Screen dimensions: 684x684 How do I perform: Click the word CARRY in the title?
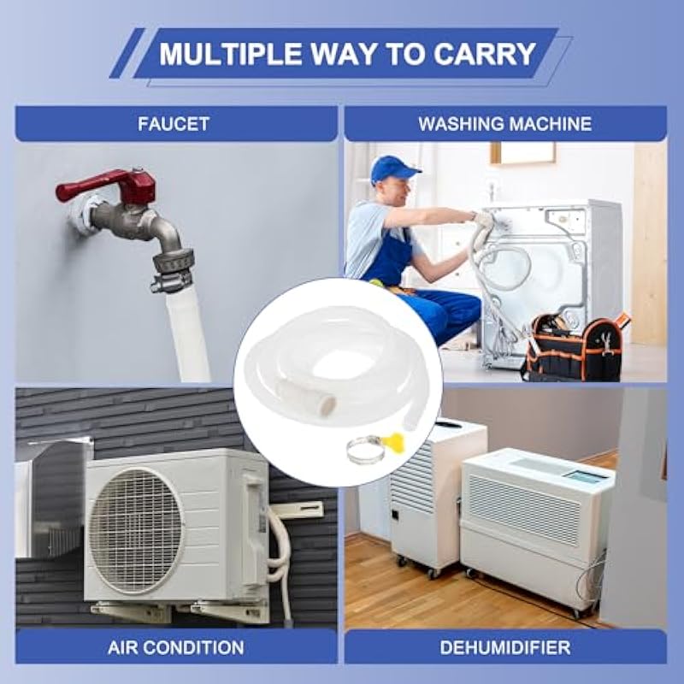(484, 54)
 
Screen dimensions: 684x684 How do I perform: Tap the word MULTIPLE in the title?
(231, 54)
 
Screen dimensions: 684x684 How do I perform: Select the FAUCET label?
(174, 124)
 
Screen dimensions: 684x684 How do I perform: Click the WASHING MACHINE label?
(505, 124)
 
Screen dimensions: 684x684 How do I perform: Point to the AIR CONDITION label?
(176, 648)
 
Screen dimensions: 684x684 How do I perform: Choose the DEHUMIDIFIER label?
(505, 648)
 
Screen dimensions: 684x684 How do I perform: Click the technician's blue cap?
(392, 169)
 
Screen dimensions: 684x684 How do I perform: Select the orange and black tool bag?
(575, 347)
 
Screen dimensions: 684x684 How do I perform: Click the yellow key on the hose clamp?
(392, 440)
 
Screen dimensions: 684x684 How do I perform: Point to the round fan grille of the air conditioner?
(135, 530)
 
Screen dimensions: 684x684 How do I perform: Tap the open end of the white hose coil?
(328, 404)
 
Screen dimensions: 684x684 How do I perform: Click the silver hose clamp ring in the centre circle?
(366, 451)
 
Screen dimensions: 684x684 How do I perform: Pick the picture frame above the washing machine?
(523, 153)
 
